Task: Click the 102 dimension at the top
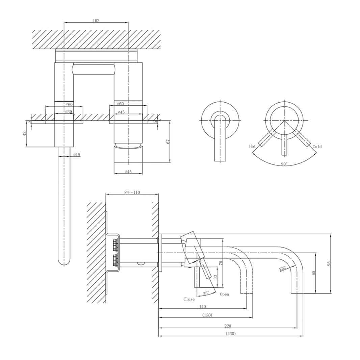tap(96, 20)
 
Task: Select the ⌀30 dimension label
tap(69, 112)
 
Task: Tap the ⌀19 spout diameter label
tap(77, 155)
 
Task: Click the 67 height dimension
tap(168, 142)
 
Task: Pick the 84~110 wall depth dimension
tap(132, 192)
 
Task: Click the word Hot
tap(252, 147)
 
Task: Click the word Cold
tap(317, 147)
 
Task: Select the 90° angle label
tap(284, 164)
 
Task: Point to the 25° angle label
tap(206, 293)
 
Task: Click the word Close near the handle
tap(189, 299)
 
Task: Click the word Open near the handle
tap(225, 294)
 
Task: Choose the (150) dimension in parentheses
tap(207, 315)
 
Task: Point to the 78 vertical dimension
tap(221, 263)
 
